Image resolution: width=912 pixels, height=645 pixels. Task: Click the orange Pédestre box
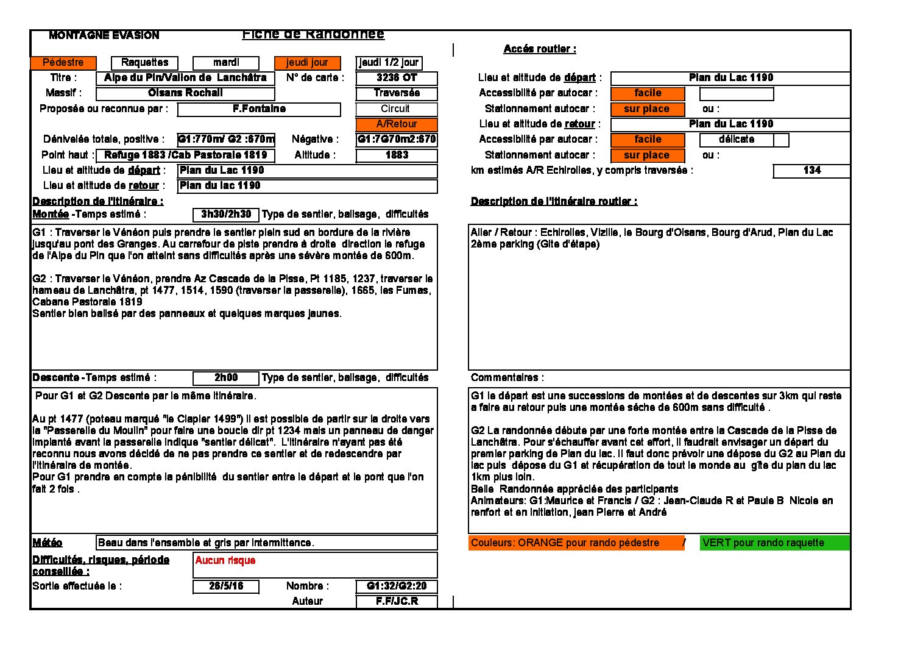click(x=63, y=63)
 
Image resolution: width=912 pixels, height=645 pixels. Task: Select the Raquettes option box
click(x=144, y=63)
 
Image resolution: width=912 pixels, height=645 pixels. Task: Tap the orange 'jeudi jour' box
click(x=307, y=63)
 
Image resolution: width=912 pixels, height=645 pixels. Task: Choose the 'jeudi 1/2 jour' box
click(x=389, y=63)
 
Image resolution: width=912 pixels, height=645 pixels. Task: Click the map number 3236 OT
click(x=397, y=78)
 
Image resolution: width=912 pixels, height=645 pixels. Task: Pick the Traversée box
click(x=397, y=93)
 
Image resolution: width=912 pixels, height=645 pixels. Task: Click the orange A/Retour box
click(x=397, y=124)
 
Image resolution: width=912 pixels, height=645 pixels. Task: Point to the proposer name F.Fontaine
click(x=259, y=109)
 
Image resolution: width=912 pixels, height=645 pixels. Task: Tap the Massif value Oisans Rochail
click(x=185, y=93)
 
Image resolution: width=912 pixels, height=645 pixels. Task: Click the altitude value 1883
click(x=397, y=155)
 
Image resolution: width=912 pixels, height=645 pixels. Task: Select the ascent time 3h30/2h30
click(x=226, y=215)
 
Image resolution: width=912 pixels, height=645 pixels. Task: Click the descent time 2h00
click(x=226, y=378)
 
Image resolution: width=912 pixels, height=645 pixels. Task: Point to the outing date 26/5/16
click(x=226, y=586)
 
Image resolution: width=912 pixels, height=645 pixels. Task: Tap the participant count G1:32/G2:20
click(x=397, y=586)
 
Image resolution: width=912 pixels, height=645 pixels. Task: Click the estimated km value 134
click(x=811, y=171)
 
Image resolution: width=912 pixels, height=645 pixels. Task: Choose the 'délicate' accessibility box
click(x=736, y=140)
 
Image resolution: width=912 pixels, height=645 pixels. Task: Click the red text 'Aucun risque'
click(x=225, y=561)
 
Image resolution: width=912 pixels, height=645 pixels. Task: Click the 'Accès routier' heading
click(x=539, y=49)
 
